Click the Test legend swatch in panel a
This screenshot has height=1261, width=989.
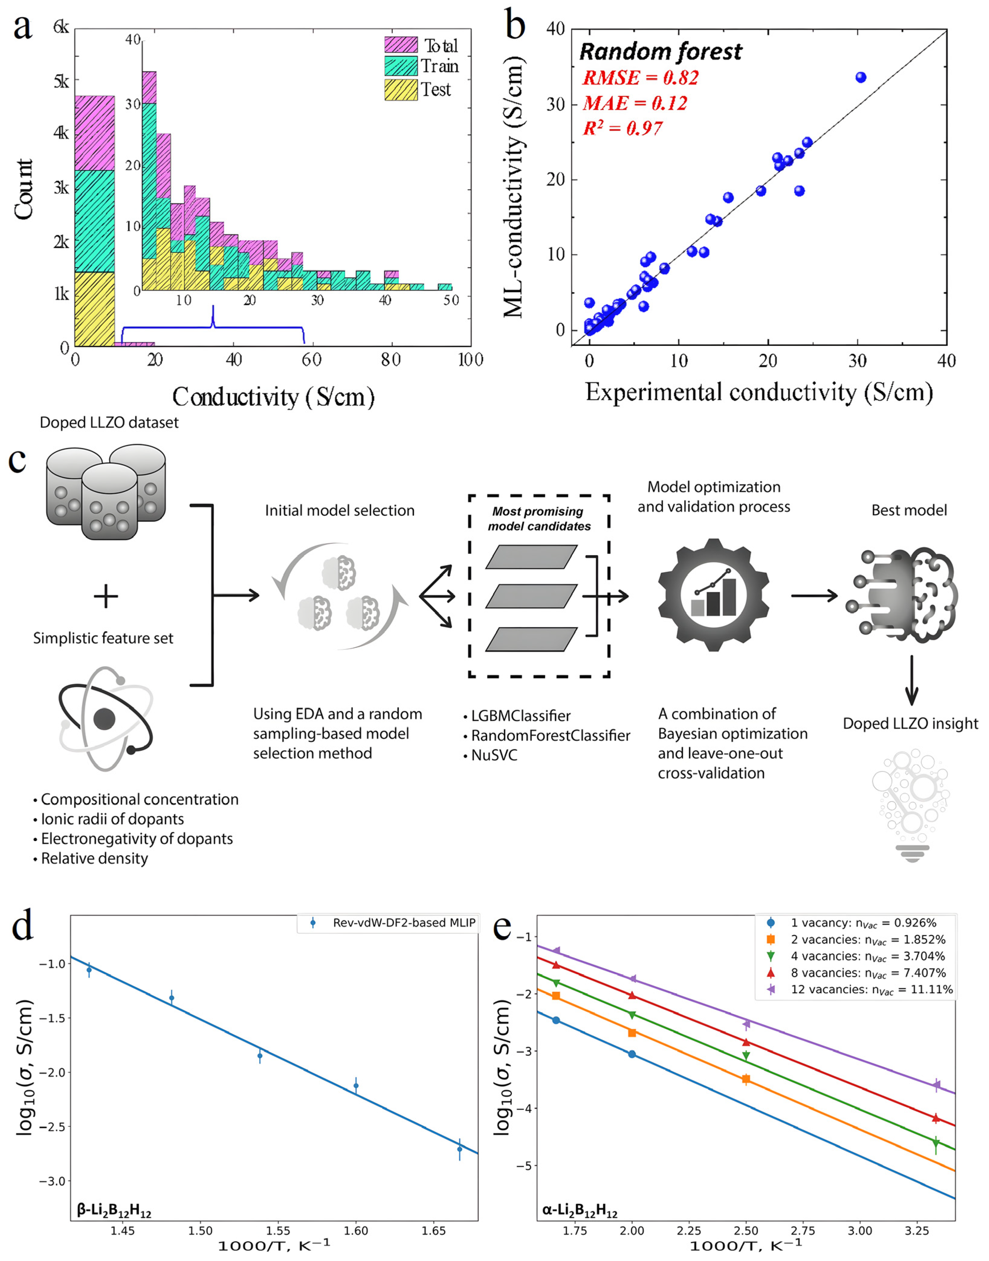point(401,90)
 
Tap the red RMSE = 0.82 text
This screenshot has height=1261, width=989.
point(640,78)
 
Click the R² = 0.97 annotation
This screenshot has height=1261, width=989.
point(622,128)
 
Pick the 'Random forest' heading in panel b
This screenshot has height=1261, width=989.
point(660,52)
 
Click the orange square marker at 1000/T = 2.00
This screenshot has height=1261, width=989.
point(632,1033)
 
